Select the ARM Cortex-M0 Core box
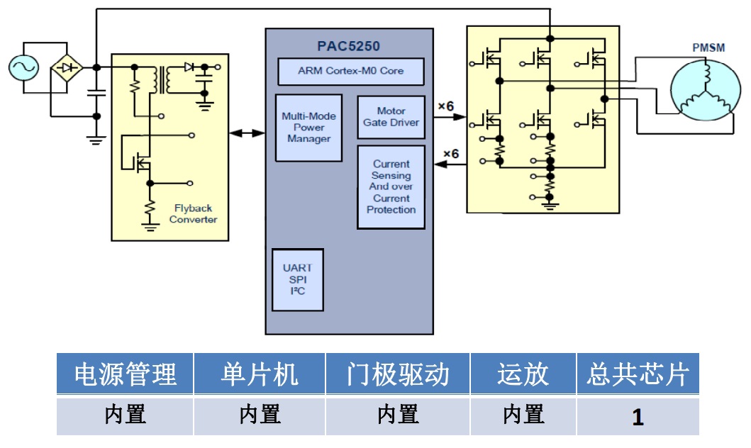[x=350, y=71]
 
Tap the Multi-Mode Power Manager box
[x=308, y=128]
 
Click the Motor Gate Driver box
[x=391, y=117]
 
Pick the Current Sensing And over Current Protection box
[x=391, y=187]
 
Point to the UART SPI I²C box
[x=297, y=279]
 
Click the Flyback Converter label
[x=193, y=214]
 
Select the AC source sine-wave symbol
[x=23, y=68]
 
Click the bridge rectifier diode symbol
[x=67, y=68]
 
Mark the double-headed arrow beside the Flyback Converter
[x=247, y=133]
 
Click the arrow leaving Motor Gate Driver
[x=449, y=119]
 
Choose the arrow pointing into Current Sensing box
[x=449, y=165]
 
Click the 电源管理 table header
[x=125, y=374]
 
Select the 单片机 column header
[x=260, y=374]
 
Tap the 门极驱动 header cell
[x=398, y=374]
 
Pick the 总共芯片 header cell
[x=638, y=374]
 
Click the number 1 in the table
[x=638, y=417]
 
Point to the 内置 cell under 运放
[x=523, y=415]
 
